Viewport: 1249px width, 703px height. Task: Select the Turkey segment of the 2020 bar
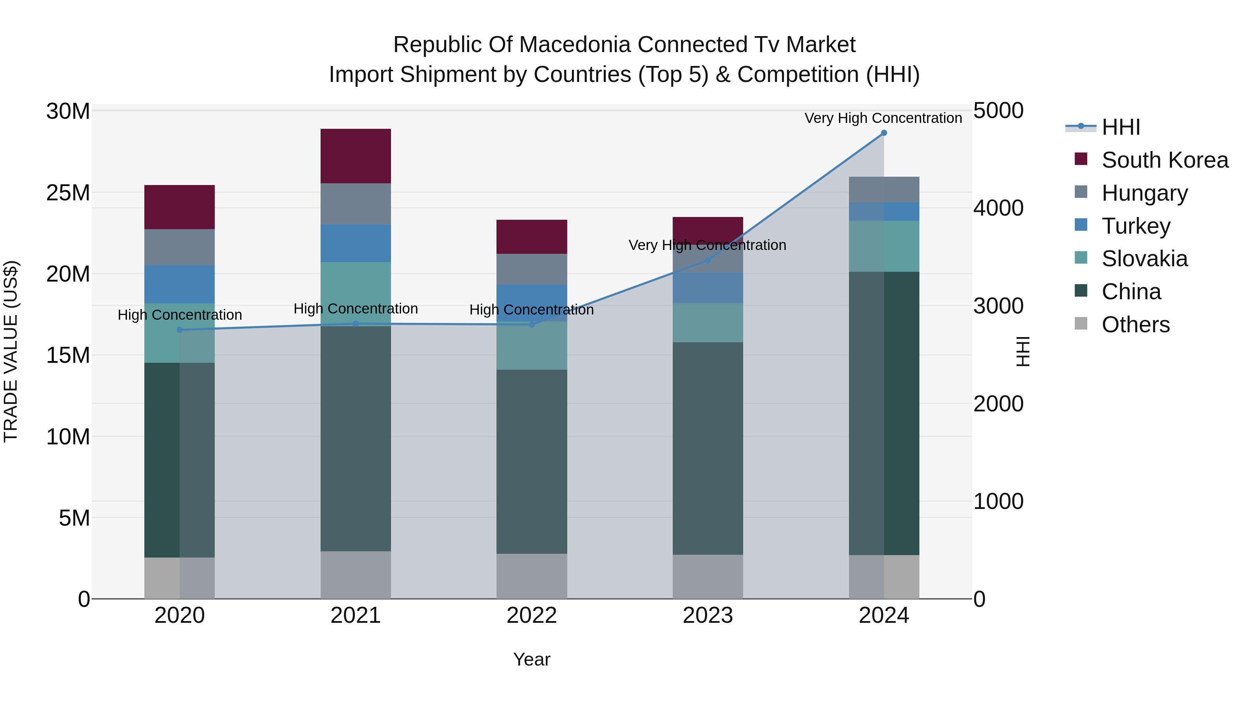point(179,284)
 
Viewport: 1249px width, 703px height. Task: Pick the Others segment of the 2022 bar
point(532,576)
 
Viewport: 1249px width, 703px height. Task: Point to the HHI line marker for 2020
point(179,330)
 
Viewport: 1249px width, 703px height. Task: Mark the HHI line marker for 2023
point(707,260)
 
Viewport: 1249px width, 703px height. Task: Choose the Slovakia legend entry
point(1144,259)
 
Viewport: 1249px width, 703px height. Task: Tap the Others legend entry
point(1135,325)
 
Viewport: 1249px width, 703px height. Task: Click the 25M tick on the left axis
point(68,193)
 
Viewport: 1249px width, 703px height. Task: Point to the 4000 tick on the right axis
point(998,208)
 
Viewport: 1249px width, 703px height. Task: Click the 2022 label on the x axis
point(532,616)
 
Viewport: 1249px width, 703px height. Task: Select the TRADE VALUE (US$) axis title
point(11,351)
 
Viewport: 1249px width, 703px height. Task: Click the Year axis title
point(532,659)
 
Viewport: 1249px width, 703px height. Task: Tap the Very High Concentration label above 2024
point(883,118)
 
